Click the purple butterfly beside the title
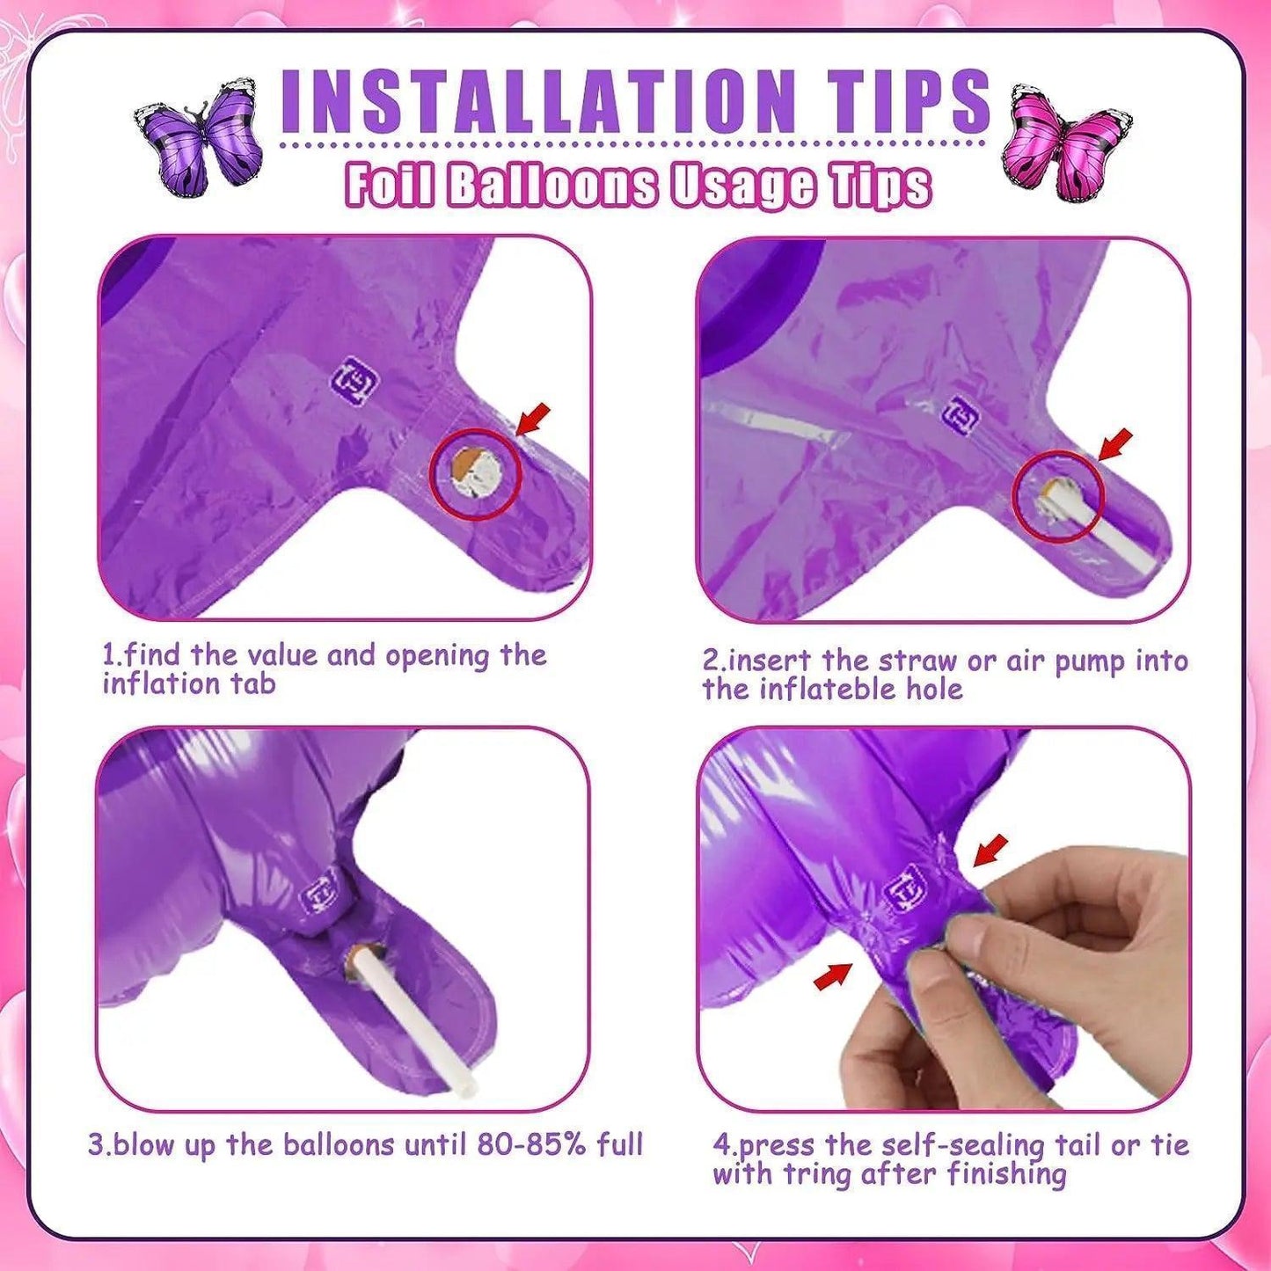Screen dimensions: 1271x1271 tap(198, 133)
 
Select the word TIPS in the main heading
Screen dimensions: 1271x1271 tap(903, 101)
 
